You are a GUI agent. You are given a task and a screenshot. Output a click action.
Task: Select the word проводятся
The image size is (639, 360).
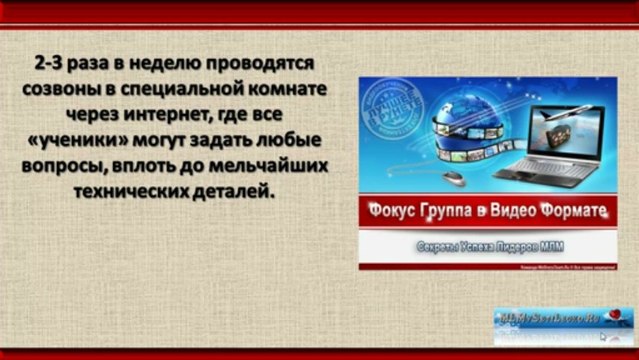pyautogui.click(x=266, y=63)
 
